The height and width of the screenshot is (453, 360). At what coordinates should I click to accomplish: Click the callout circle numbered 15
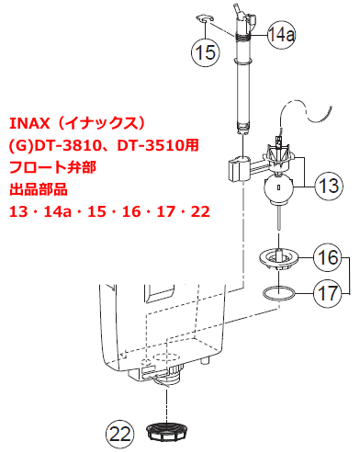pyautogui.click(x=206, y=52)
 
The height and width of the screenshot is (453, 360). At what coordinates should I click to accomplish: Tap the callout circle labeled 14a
pyautogui.click(x=282, y=34)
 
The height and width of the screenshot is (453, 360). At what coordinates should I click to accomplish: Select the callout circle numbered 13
pyautogui.click(x=329, y=186)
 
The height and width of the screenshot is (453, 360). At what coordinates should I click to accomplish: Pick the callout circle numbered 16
pyautogui.click(x=328, y=257)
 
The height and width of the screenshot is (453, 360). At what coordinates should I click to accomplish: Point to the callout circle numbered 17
pyautogui.click(x=328, y=293)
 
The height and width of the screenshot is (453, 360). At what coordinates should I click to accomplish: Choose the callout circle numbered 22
pyautogui.click(x=119, y=434)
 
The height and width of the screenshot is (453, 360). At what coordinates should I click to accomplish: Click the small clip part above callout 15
pyautogui.click(x=205, y=18)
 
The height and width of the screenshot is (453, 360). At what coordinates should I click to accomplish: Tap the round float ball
pyautogui.click(x=278, y=188)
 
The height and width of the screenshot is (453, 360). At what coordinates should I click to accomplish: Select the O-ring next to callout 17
pyautogui.click(x=279, y=291)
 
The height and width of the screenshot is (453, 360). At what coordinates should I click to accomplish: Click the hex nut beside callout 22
pyautogui.click(x=166, y=432)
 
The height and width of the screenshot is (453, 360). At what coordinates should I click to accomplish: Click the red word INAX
pyautogui.click(x=29, y=123)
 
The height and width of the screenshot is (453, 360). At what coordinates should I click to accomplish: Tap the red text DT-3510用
pyautogui.click(x=158, y=145)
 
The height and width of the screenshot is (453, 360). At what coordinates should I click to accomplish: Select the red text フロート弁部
pyautogui.click(x=52, y=167)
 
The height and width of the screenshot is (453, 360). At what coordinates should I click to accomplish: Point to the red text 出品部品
pyautogui.click(x=39, y=189)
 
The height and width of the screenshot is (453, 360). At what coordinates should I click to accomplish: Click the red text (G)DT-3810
pyautogui.click(x=58, y=145)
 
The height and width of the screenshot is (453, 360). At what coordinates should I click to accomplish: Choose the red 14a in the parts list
pyautogui.click(x=57, y=211)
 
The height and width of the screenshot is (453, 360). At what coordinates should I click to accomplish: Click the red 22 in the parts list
pyautogui.click(x=200, y=211)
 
